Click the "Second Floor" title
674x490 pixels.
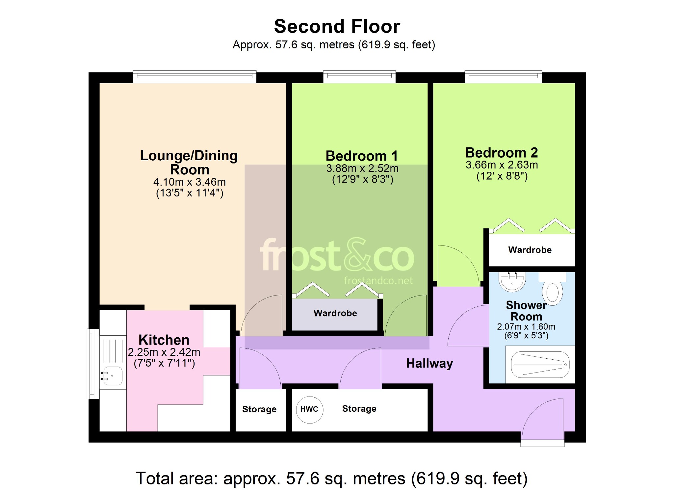point(337,26)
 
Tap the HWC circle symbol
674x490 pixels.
point(309,409)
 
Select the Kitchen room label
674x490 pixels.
point(164,340)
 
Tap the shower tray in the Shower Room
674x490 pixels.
point(540,365)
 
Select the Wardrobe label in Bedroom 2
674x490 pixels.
point(530,250)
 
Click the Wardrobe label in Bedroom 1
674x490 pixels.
point(335,313)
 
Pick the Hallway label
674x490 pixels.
point(429,363)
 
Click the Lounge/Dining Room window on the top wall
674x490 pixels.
point(194,76)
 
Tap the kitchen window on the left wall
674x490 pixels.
point(93,364)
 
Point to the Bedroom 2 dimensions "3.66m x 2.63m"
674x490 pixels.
point(502,165)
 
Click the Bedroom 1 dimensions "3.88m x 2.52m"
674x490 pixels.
point(362,168)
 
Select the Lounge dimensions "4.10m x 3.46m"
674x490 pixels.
point(190,182)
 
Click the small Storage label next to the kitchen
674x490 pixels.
point(259,409)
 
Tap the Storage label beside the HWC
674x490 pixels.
point(359,409)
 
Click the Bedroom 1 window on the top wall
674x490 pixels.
point(359,76)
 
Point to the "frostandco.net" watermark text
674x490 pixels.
point(378,281)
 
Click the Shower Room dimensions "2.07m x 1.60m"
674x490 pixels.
point(526,327)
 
